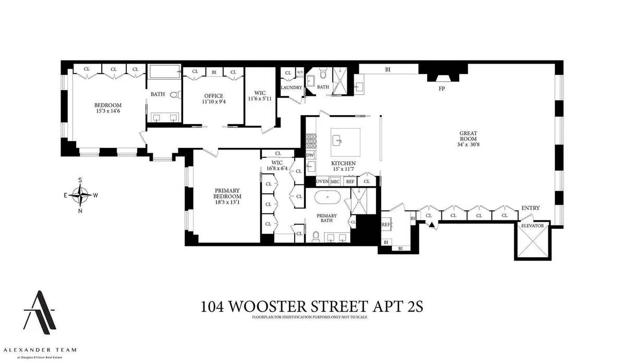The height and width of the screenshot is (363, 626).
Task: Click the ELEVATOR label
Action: tap(532, 226)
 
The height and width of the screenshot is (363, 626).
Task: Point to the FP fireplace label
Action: tap(441, 89)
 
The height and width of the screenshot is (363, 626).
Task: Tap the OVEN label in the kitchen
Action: tap(322, 181)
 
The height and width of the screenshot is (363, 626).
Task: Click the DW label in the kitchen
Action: tap(310, 155)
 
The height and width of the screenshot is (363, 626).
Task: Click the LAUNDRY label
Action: tap(292, 87)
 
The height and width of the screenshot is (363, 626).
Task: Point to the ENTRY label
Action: tap(530, 208)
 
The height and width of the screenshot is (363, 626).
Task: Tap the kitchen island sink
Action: tap(338, 140)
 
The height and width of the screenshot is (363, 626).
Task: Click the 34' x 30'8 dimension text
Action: tap(468, 144)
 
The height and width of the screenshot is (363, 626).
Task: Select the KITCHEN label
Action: tap(343, 163)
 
